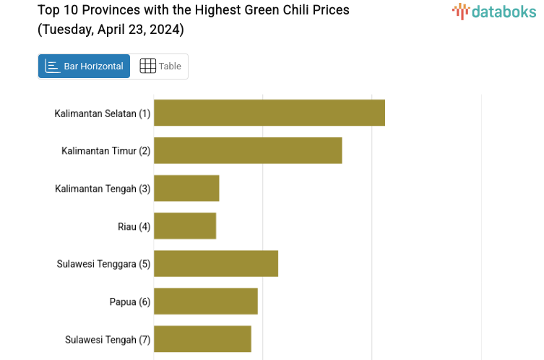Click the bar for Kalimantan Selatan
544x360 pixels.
click(269, 113)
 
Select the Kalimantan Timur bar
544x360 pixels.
click(248, 150)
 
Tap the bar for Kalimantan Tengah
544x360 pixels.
click(186, 188)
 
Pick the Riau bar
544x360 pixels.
click(185, 226)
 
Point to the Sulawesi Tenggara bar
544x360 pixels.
click(216, 263)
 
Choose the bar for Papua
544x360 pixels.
click(206, 301)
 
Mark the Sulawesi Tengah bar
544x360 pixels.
click(202, 338)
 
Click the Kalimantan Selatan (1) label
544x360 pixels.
click(103, 113)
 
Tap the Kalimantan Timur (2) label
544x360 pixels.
click(106, 151)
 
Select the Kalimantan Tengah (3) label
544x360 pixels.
click(103, 189)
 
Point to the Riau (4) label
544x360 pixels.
click(134, 227)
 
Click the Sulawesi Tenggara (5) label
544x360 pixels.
click(103, 264)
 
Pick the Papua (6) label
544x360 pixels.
click(130, 301)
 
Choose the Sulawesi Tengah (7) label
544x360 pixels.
click(108, 339)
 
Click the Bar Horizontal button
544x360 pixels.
click(85, 66)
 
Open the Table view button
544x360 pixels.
click(160, 66)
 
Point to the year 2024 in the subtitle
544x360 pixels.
click(165, 30)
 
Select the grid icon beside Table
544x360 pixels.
click(147, 66)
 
